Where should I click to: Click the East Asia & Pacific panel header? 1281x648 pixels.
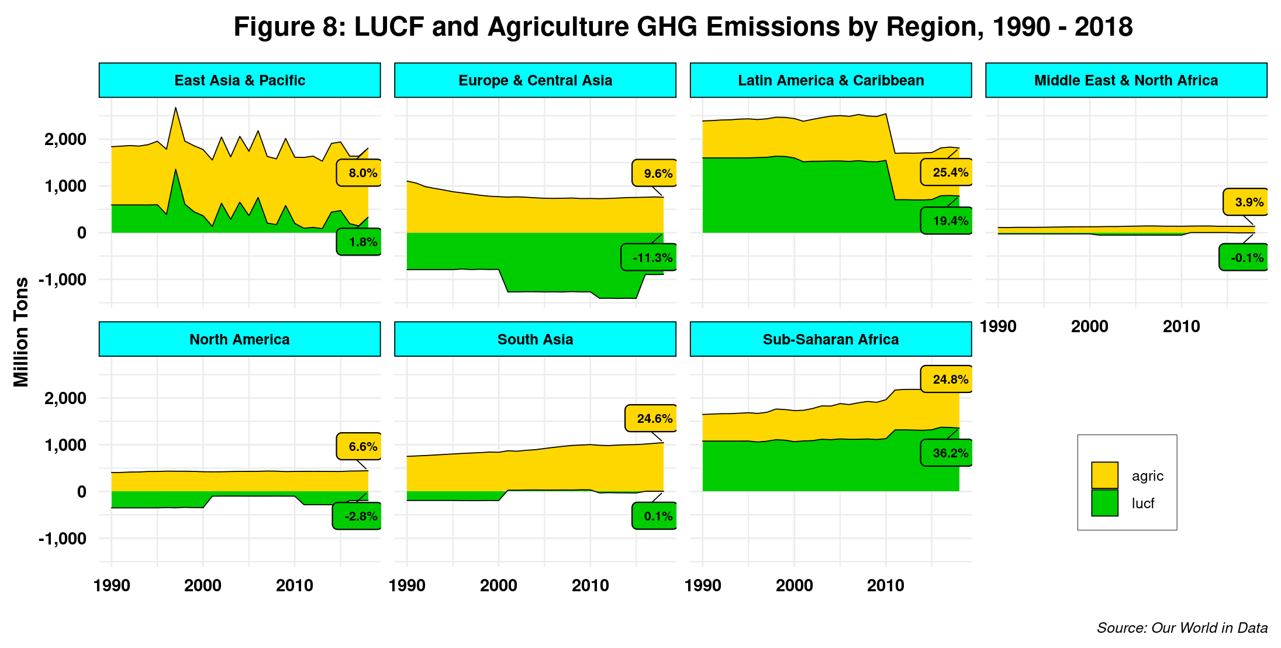pyautogui.click(x=240, y=80)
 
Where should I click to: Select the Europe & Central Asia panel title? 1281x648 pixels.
pyautogui.click(x=535, y=80)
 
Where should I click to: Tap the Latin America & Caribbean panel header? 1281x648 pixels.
pyautogui.click(x=831, y=80)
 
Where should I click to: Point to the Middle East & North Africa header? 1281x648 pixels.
pyautogui.click(x=1126, y=80)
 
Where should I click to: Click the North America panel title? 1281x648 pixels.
pyautogui.click(x=240, y=339)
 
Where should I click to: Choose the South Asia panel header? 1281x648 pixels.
pyautogui.click(x=535, y=339)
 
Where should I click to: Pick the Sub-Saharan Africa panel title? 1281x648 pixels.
pyautogui.click(x=831, y=339)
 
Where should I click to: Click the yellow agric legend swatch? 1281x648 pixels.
pyautogui.click(x=1104, y=475)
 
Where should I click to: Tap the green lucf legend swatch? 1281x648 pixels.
pyautogui.click(x=1104, y=503)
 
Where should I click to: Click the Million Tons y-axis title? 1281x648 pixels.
pyautogui.click(x=21, y=332)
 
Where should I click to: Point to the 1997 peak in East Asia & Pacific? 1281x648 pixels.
pyautogui.click(x=175, y=108)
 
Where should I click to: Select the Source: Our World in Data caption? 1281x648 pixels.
pyautogui.click(x=1182, y=628)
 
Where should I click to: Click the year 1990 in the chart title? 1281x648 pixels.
pyautogui.click(x=1021, y=27)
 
